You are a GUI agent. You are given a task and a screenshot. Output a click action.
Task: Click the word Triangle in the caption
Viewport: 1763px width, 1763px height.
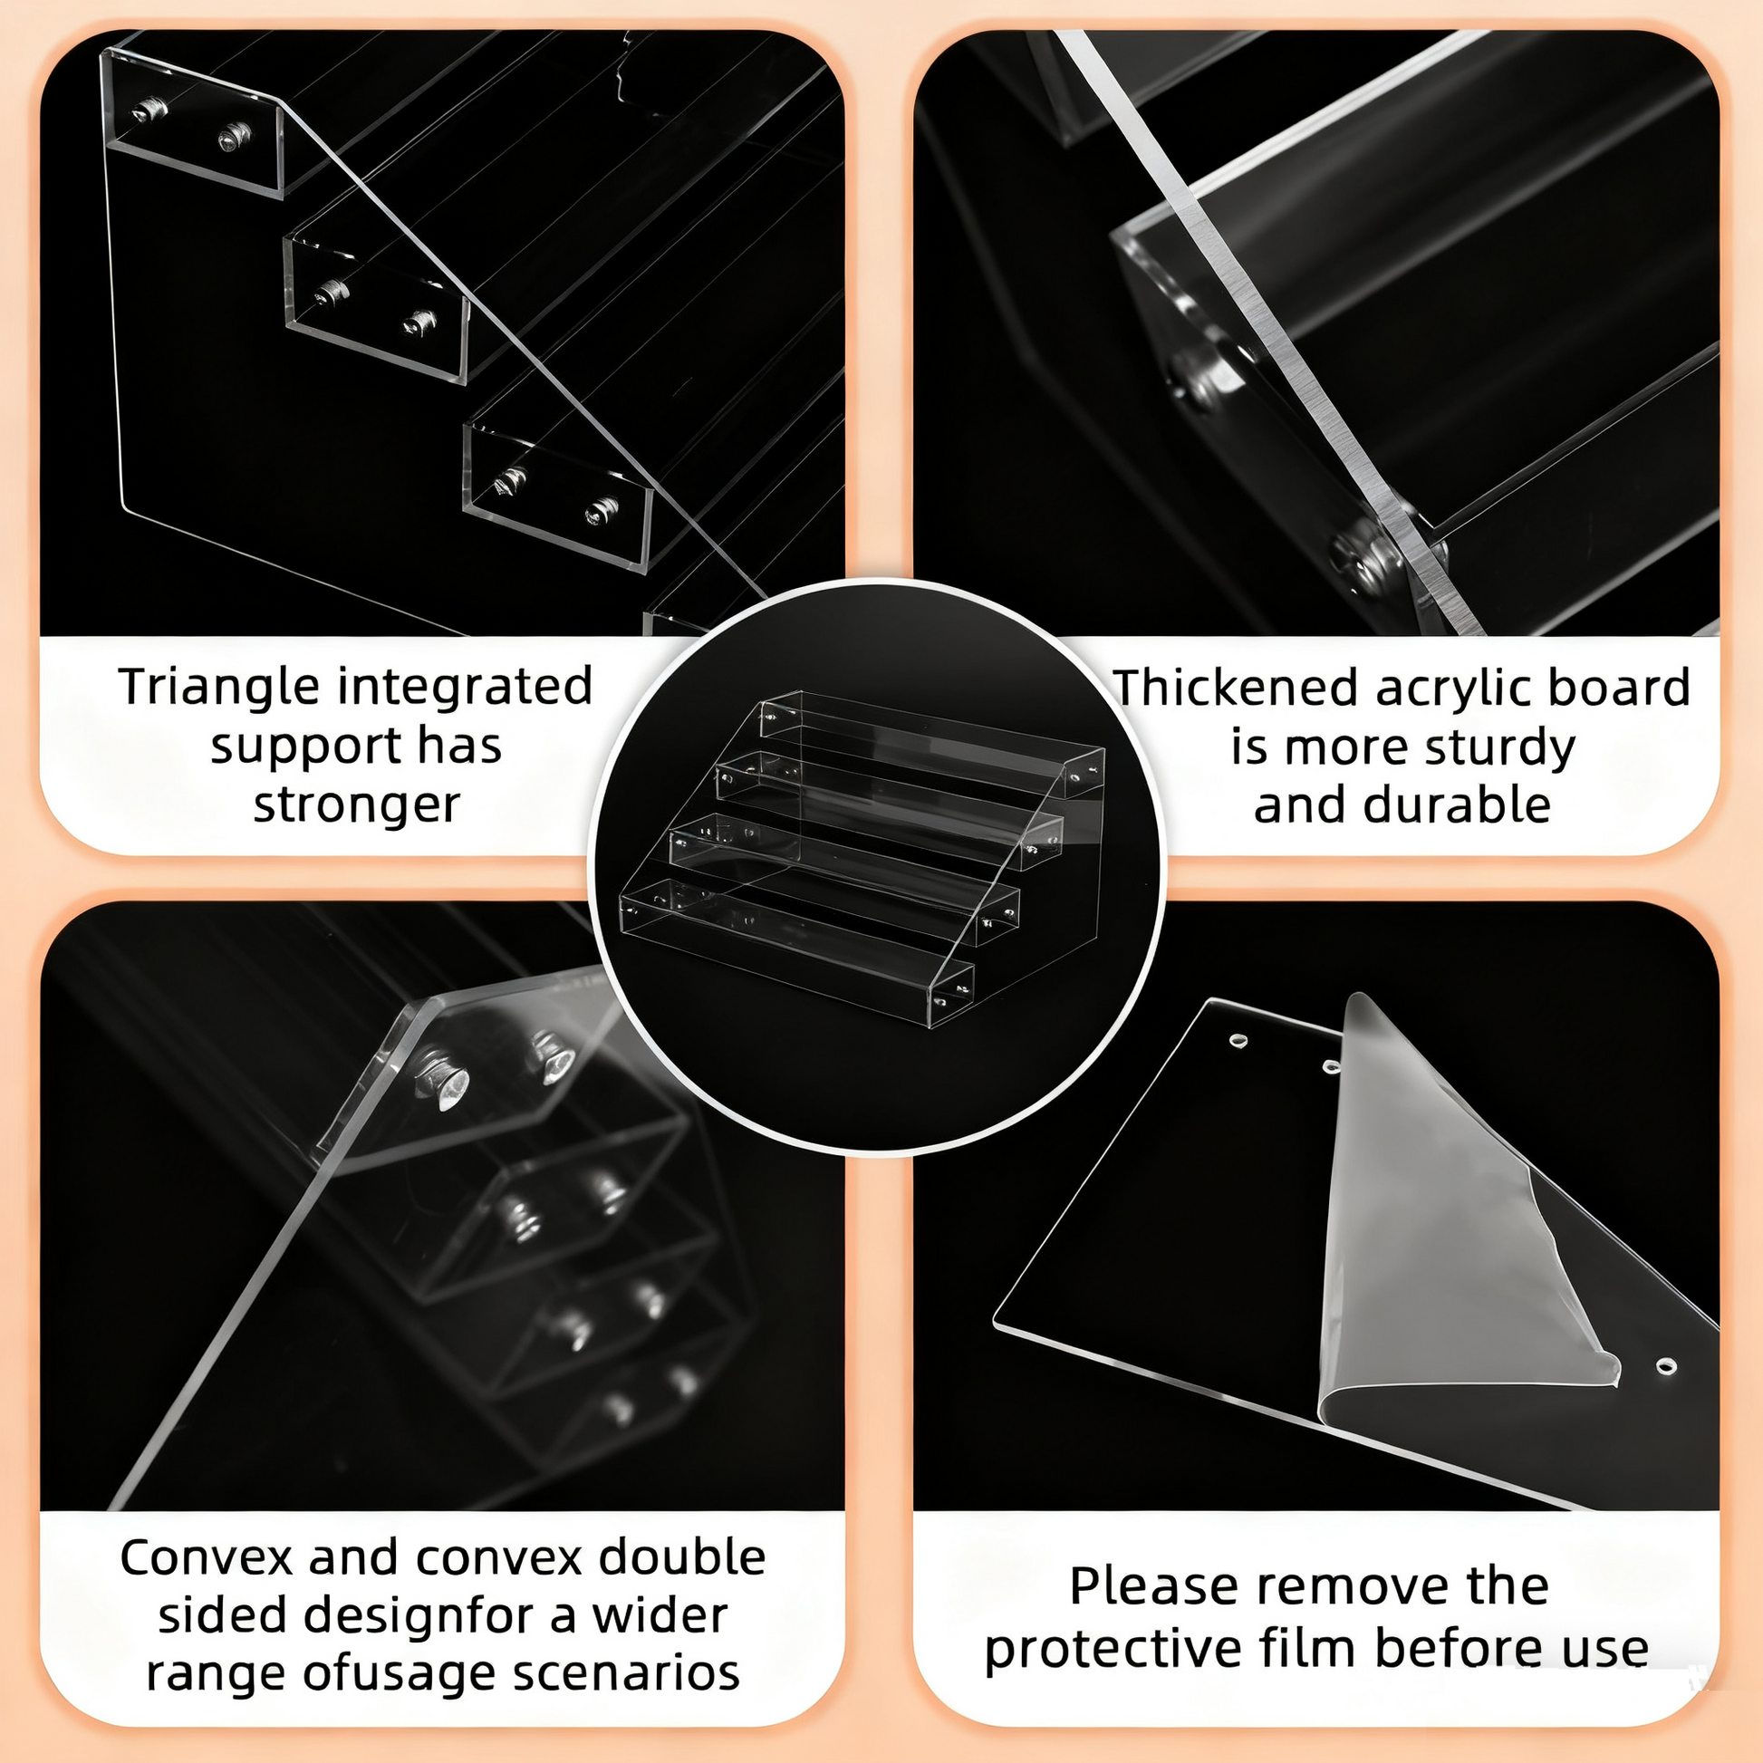point(220,688)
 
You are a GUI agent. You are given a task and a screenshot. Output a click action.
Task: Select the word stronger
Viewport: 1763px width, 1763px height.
point(357,805)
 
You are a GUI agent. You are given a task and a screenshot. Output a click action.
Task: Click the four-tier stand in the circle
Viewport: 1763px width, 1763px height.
point(862,858)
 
